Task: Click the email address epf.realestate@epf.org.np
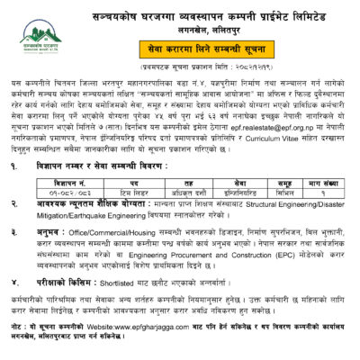(x=290, y=129)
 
